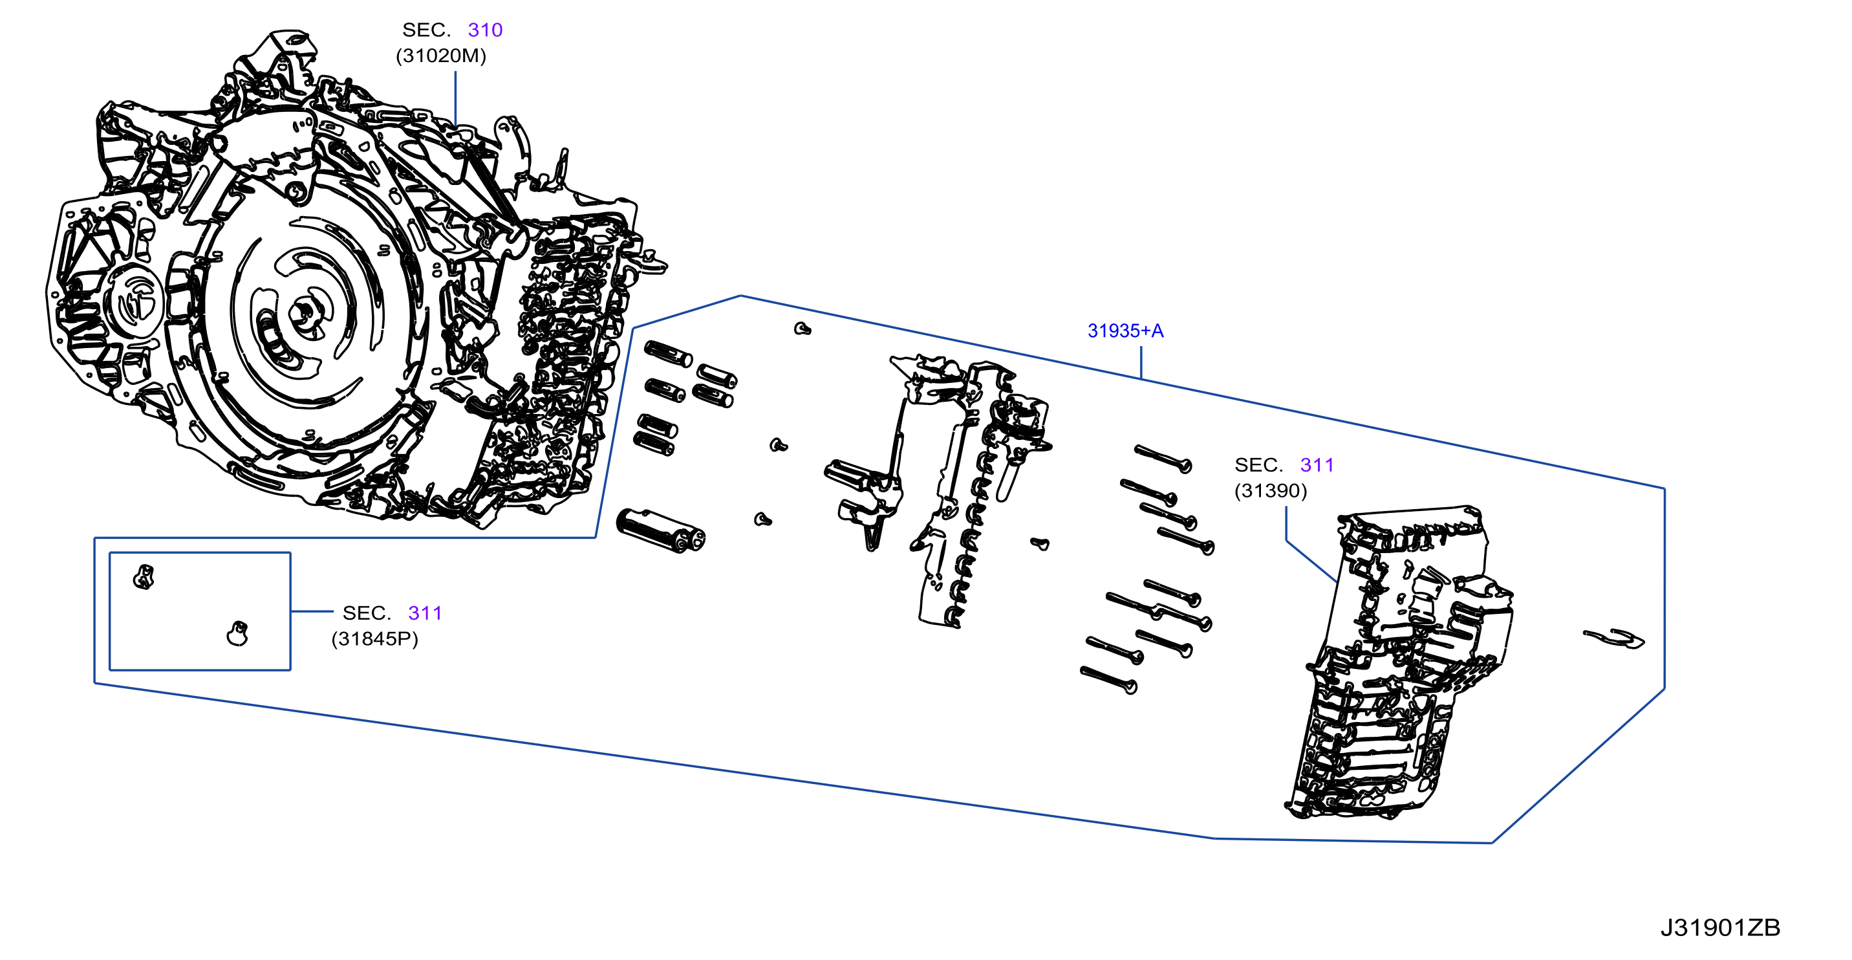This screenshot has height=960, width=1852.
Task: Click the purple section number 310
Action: pos(484,30)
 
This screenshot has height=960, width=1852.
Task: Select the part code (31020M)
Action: pos(441,56)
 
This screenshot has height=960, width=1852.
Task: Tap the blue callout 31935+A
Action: pos(1125,331)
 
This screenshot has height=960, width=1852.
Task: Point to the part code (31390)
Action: pos(1271,490)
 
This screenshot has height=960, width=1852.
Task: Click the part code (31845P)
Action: pos(374,638)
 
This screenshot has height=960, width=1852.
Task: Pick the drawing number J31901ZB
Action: pos(1719,928)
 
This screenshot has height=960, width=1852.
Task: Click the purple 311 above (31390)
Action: pos(1317,465)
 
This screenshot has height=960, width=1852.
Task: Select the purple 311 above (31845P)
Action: pos(425,613)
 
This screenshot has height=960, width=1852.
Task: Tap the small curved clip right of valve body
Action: pos(1613,638)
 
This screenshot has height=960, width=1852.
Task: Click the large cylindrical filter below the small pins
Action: pos(661,530)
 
